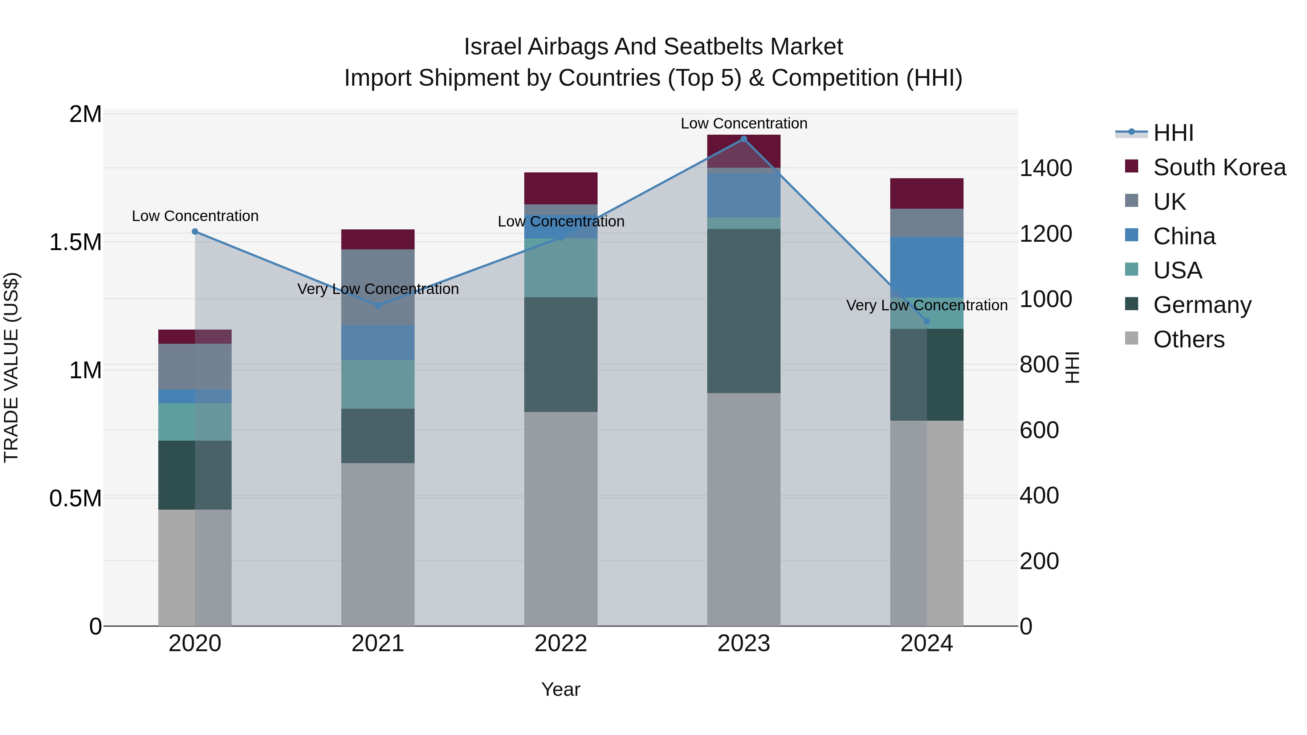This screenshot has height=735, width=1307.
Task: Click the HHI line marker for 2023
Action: coord(744,139)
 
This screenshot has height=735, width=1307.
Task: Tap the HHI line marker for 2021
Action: coord(378,305)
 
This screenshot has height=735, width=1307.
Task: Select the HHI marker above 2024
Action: coord(927,321)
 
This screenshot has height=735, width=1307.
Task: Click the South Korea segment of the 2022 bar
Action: coord(561,188)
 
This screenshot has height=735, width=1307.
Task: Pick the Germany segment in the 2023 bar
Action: coord(744,311)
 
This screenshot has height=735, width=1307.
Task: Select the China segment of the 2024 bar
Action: coord(927,267)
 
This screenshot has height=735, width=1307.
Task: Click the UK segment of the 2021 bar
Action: coord(378,287)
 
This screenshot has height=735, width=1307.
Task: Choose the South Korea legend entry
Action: coord(1219,167)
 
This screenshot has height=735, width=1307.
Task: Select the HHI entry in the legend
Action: coord(1173,133)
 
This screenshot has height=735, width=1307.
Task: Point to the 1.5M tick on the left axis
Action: coord(76,242)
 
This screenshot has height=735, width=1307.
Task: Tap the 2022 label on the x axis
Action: coord(561,644)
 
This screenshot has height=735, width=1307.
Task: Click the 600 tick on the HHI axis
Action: coord(1039,430)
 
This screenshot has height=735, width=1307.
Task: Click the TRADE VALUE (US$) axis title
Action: coord(11,367)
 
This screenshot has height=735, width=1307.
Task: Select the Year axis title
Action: coord(561,689)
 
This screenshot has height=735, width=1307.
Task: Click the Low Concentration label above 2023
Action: coord(744,123)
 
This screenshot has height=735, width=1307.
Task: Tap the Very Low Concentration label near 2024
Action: coord(927,305)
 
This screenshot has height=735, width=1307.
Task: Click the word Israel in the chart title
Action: coord(492,47)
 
